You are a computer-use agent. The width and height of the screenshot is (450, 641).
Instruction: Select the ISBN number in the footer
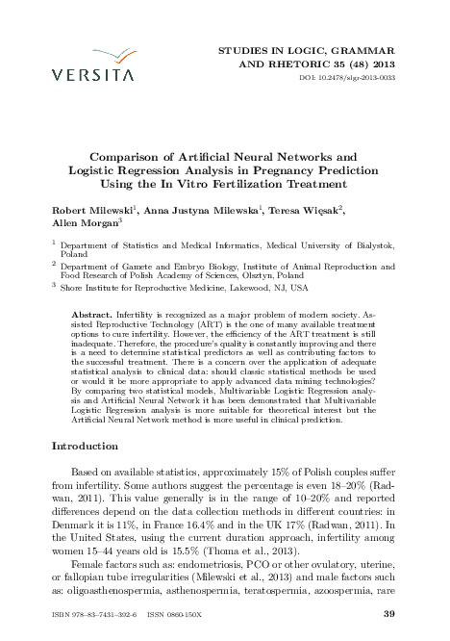click(x=96, y=614)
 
